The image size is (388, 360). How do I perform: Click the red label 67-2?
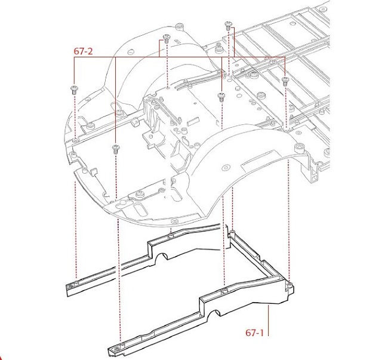click(83, 51)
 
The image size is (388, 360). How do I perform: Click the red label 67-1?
click(255, 333)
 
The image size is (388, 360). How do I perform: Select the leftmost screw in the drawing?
click(74, 90)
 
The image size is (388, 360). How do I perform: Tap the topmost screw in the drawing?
click(228, 26)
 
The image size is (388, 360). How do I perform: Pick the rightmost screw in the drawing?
click(285, 81)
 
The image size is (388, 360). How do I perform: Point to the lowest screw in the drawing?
click(116, 149)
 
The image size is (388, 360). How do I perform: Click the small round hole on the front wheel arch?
click(226, 168)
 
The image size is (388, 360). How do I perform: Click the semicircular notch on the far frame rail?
click(162, 256)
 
